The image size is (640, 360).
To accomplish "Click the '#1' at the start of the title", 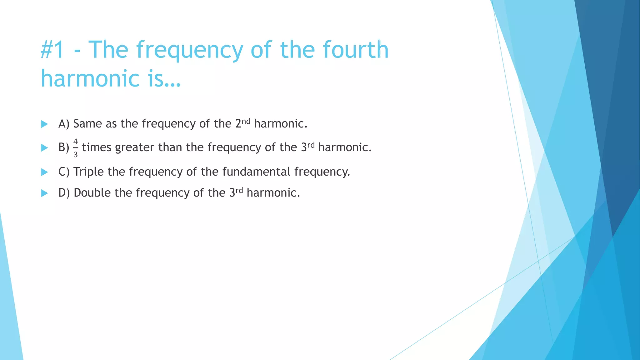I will tap(52, 50).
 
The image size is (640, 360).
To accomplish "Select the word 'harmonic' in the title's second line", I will tap(90, 78).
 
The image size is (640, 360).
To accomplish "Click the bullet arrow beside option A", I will tap(44, 124).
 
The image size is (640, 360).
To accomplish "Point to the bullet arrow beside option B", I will tap(44, 148).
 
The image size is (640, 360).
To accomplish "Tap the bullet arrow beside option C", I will tap(44, 172).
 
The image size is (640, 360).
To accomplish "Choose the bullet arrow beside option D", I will tap(44, 193).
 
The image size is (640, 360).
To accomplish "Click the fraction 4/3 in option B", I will tap(75, 148).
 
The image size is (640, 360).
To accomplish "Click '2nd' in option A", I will tap(242, 123).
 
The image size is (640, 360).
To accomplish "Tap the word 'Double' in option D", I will tap(92, 193).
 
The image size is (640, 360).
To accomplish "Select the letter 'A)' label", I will tap(64, 124).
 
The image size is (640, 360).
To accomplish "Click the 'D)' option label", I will tap(64, 193).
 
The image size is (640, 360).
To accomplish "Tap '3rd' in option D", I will tap(236, 192).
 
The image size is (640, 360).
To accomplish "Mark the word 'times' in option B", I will tap(97, 147).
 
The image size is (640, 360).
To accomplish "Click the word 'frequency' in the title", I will tap(189, 50).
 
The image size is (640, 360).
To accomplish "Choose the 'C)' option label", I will tap(64, 172).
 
